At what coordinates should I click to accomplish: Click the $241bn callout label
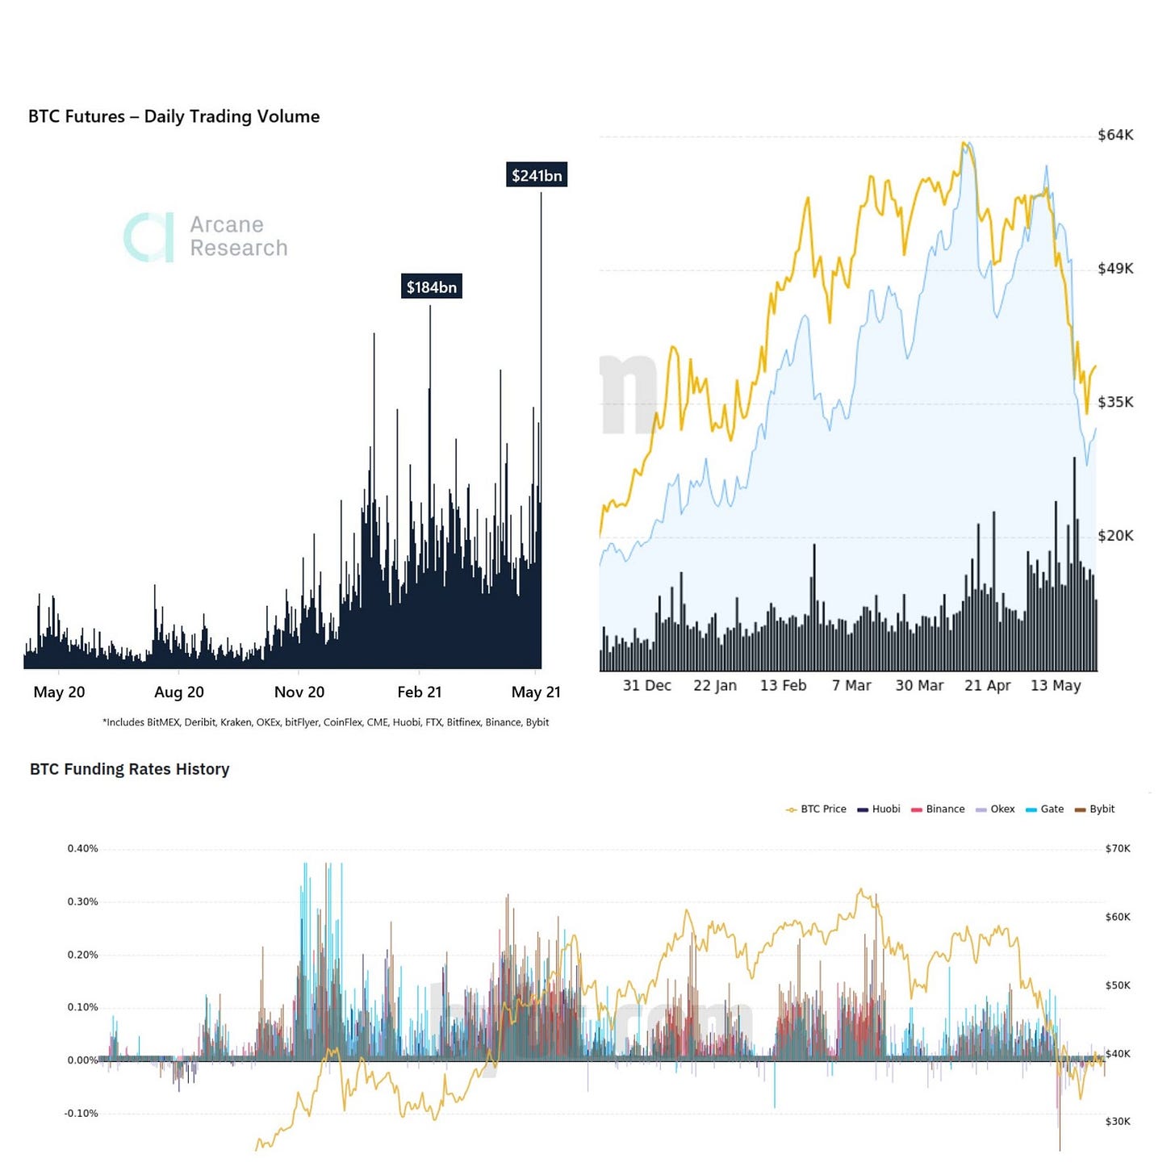click(x=536, y=175)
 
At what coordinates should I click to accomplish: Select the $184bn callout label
click(x=431, y=286)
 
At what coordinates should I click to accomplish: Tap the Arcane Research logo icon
click(x=148, y=237)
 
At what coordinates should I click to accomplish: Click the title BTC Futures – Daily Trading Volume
click(x=174, y=116)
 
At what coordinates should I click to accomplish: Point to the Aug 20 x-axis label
click(x=178, y=692)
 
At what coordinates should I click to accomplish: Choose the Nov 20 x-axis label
click(x=299, y=692)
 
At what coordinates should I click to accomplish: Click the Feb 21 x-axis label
click(x=419, y=692)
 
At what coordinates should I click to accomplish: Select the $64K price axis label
click(x=1115, y=135)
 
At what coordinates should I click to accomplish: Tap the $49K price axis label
click(x=1115, y=268)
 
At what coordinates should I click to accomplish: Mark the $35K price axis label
click(x=1115, y=402)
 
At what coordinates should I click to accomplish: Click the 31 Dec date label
click(x=646, y=685)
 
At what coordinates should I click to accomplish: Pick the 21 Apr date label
click(x=987, y=685)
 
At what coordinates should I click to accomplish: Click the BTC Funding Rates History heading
click(x=129, y=769)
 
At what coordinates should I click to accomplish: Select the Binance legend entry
click(x=938, y=809)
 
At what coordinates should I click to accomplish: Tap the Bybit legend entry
click(x=1094, y=809)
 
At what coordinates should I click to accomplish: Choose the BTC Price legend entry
click(x=815, y=809)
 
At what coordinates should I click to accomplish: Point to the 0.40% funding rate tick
click(x=82, y=849)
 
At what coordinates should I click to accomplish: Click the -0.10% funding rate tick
click(x=81, y=1114)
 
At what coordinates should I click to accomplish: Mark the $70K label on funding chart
click(x=1118, y=849)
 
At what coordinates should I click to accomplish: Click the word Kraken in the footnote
click(x=236, y=722)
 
